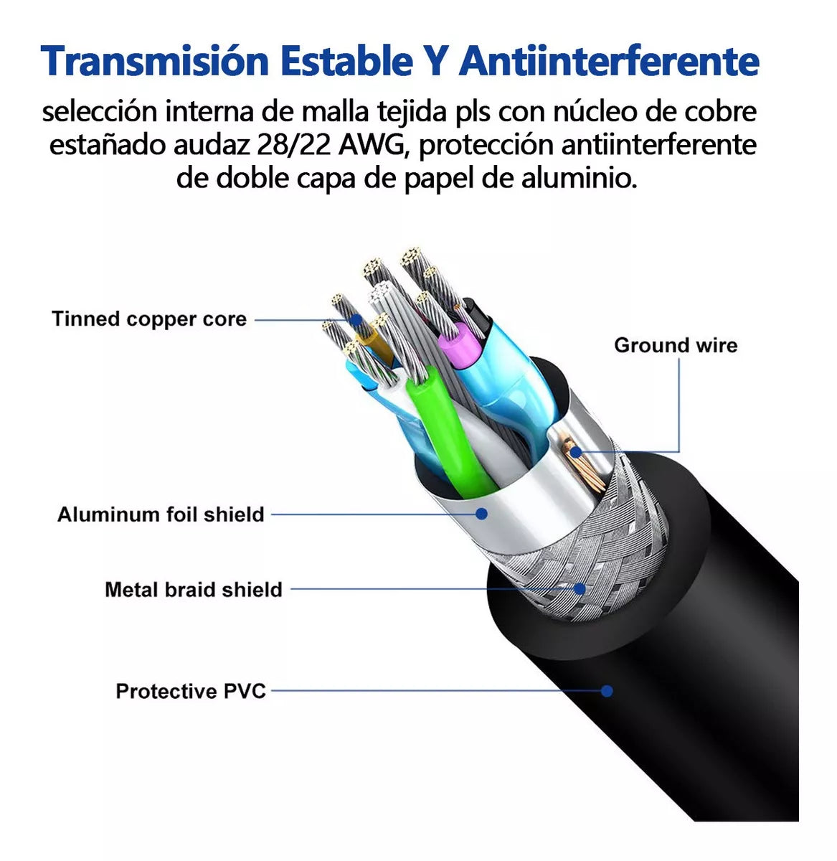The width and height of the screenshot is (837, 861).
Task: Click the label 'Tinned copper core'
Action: [149, 319]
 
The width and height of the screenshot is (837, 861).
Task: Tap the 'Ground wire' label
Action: [676, 345]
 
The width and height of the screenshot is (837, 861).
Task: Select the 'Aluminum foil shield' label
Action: [161, 514]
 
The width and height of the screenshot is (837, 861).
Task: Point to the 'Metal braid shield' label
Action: [194, 590]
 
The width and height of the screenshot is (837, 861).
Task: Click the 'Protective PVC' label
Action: [191, 691]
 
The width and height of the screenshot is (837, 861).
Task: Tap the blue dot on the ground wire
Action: [575, 452]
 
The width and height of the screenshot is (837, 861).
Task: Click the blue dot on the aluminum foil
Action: [482, 514]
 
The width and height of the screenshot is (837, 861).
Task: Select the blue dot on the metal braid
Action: [580, 588]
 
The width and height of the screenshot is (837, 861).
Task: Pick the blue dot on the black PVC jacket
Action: [607, 691]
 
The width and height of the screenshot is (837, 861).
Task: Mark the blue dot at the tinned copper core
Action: [355, 319]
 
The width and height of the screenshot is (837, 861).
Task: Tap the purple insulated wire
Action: [459, 344]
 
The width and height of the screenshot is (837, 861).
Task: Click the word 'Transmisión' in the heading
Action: [154, 61]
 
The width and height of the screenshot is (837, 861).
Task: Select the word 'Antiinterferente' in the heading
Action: [609, 61]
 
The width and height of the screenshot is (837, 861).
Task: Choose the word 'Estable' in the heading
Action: [346, 61]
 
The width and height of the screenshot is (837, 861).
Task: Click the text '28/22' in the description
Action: [293, 145]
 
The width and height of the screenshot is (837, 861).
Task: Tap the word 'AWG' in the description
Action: [372, 145]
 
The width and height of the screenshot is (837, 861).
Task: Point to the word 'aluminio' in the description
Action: [579, 178]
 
